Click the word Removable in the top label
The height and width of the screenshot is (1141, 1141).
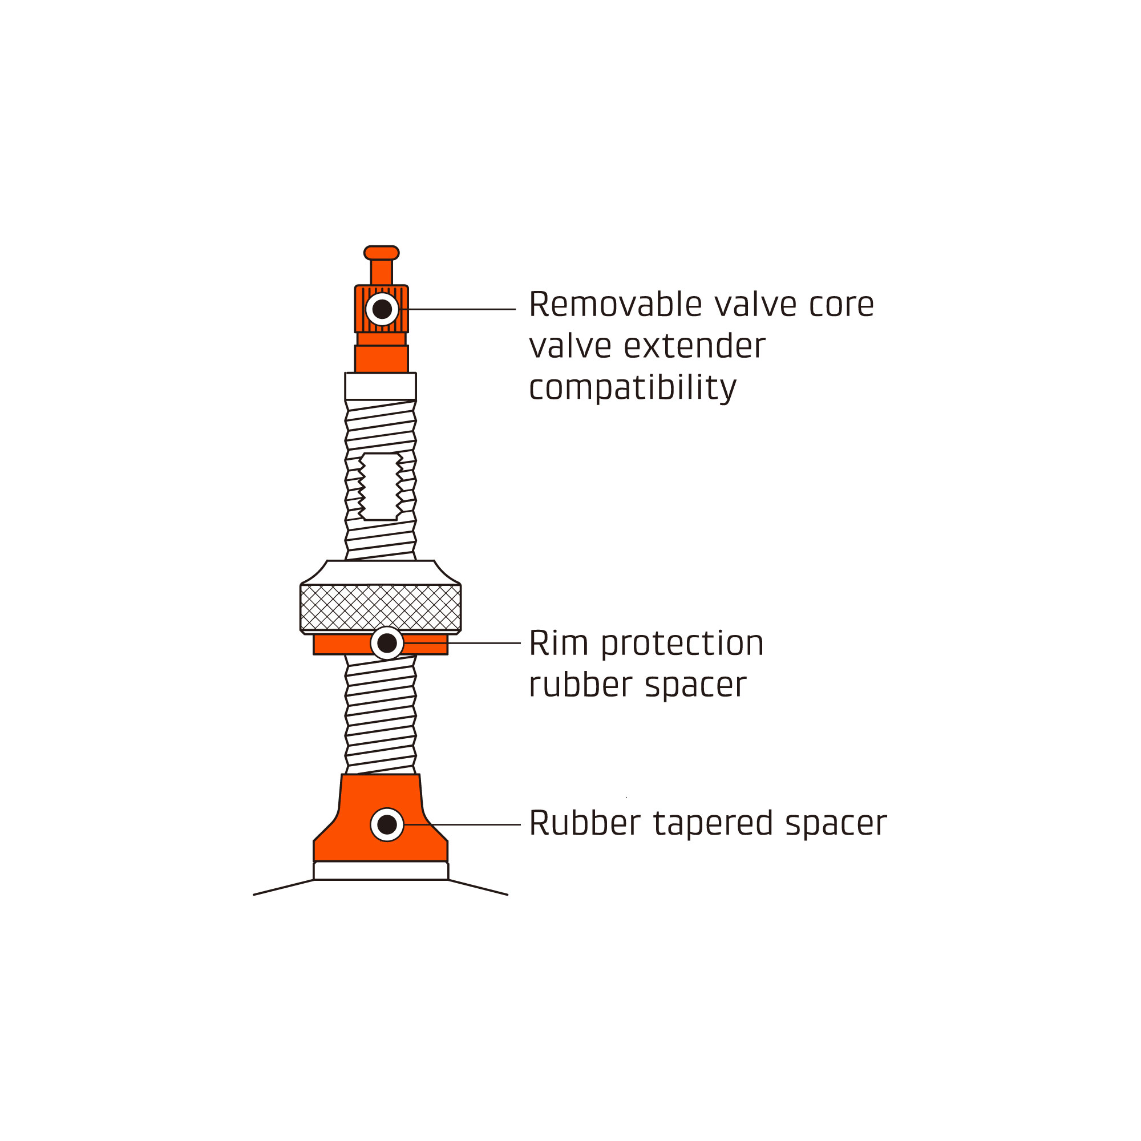click(615, 305)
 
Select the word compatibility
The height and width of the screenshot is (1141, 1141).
click(632, 388)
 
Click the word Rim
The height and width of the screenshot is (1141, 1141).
click(559, 643)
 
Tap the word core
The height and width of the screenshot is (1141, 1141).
click(841, 305)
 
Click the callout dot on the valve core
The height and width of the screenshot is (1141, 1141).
click(382, 309)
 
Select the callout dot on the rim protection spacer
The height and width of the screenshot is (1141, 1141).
click(387, 643)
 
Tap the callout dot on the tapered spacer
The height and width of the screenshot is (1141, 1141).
click(387, 824)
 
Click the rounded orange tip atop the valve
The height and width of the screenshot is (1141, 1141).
click(382, 253)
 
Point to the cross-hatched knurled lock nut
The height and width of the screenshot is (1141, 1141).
click(381, 607)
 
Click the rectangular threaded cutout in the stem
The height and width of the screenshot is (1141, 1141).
click(381, 487)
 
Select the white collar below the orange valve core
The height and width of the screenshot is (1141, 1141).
click(381, 386)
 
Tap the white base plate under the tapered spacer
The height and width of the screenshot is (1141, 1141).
click(381, 871)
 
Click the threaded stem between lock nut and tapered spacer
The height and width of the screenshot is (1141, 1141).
click(381, 715)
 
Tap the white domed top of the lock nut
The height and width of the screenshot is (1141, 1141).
click(381, 572)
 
